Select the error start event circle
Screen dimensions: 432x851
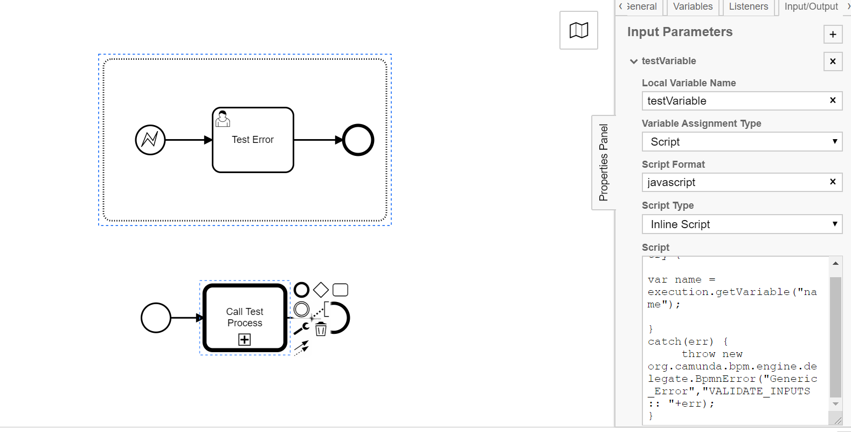click(150, 140)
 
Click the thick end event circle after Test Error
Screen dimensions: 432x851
click(358, 140)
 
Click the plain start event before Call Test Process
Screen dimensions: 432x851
click(156, 318)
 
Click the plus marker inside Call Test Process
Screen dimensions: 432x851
click(245, 339)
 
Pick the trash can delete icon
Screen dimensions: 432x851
click(321, 329)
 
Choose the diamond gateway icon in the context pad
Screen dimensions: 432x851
click(321, 290)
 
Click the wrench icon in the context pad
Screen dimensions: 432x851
click(301, 328)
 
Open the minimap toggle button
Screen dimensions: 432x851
click(578, 30)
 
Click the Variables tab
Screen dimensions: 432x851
click(693, 6)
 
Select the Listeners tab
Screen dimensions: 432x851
click(748, 6)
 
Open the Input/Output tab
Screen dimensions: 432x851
click(811, 6)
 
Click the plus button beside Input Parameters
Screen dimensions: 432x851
click(833, 35)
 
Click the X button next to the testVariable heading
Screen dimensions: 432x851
click(833, 61)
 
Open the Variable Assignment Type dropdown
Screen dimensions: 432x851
click(742, 142)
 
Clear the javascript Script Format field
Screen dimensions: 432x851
click(833, 182)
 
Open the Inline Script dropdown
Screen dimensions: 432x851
click(742, 224)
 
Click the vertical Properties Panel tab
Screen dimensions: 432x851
click(603, 162)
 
